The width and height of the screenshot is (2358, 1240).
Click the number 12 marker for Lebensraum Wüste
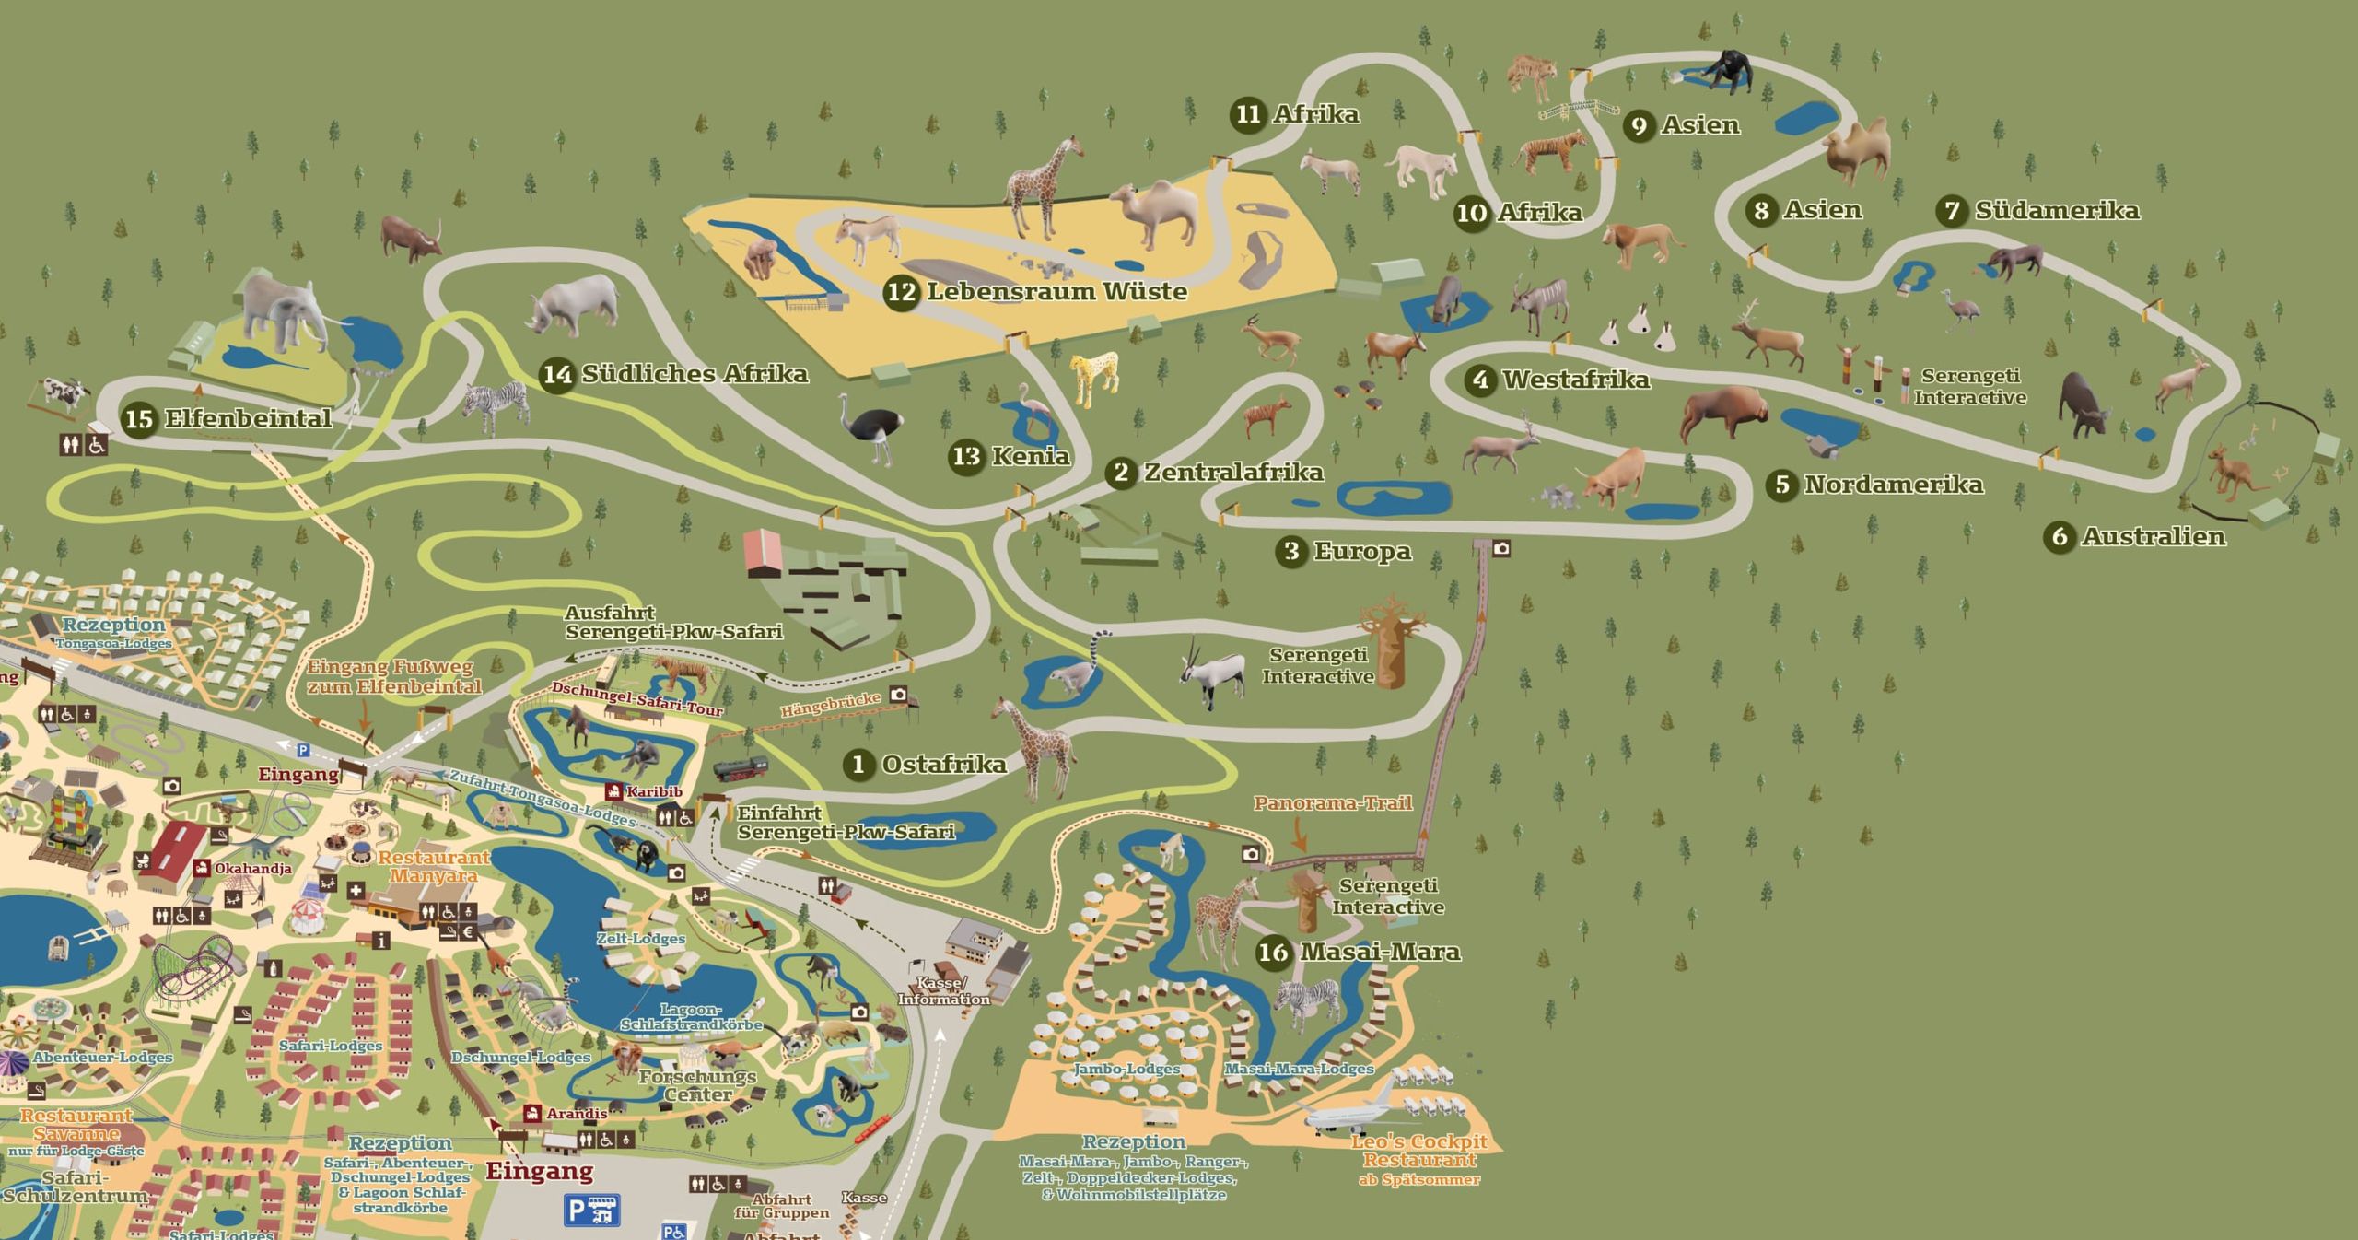[901, 293]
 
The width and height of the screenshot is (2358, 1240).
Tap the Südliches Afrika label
[695, 374]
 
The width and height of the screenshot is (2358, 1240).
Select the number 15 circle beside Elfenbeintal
[139, 419]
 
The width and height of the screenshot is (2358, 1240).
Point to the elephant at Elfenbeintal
[286, 311]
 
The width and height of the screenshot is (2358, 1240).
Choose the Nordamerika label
[1893, 485]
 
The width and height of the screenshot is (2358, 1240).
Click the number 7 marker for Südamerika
[1952, 211]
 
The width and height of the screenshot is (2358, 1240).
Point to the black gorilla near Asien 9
[1725, 69]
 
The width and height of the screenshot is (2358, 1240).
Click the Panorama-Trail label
[1332, 803]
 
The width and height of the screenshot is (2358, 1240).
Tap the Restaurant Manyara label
[434, 866]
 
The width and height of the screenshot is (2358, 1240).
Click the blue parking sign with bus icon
[592, 1210]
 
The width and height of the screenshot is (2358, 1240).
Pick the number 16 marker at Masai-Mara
[1273, 952]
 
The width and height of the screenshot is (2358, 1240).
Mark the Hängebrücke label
[831, 705]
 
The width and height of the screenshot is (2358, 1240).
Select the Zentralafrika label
[1233, 473]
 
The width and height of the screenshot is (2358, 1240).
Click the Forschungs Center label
[697, 1085]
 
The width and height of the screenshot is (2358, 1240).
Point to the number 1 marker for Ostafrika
[858, 765]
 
